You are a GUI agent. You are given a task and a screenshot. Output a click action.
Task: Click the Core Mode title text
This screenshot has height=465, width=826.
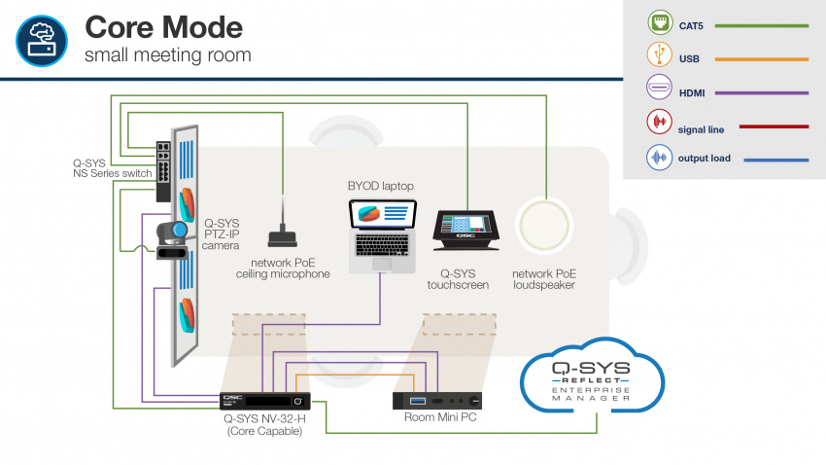(163, 25)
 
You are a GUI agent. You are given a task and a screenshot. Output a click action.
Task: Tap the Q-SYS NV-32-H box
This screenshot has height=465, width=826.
(265, 400)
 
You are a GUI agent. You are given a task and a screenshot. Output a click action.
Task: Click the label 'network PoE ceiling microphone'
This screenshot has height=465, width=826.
(283, 268)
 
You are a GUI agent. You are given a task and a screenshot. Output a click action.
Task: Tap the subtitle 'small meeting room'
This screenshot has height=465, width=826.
(167, 54)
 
